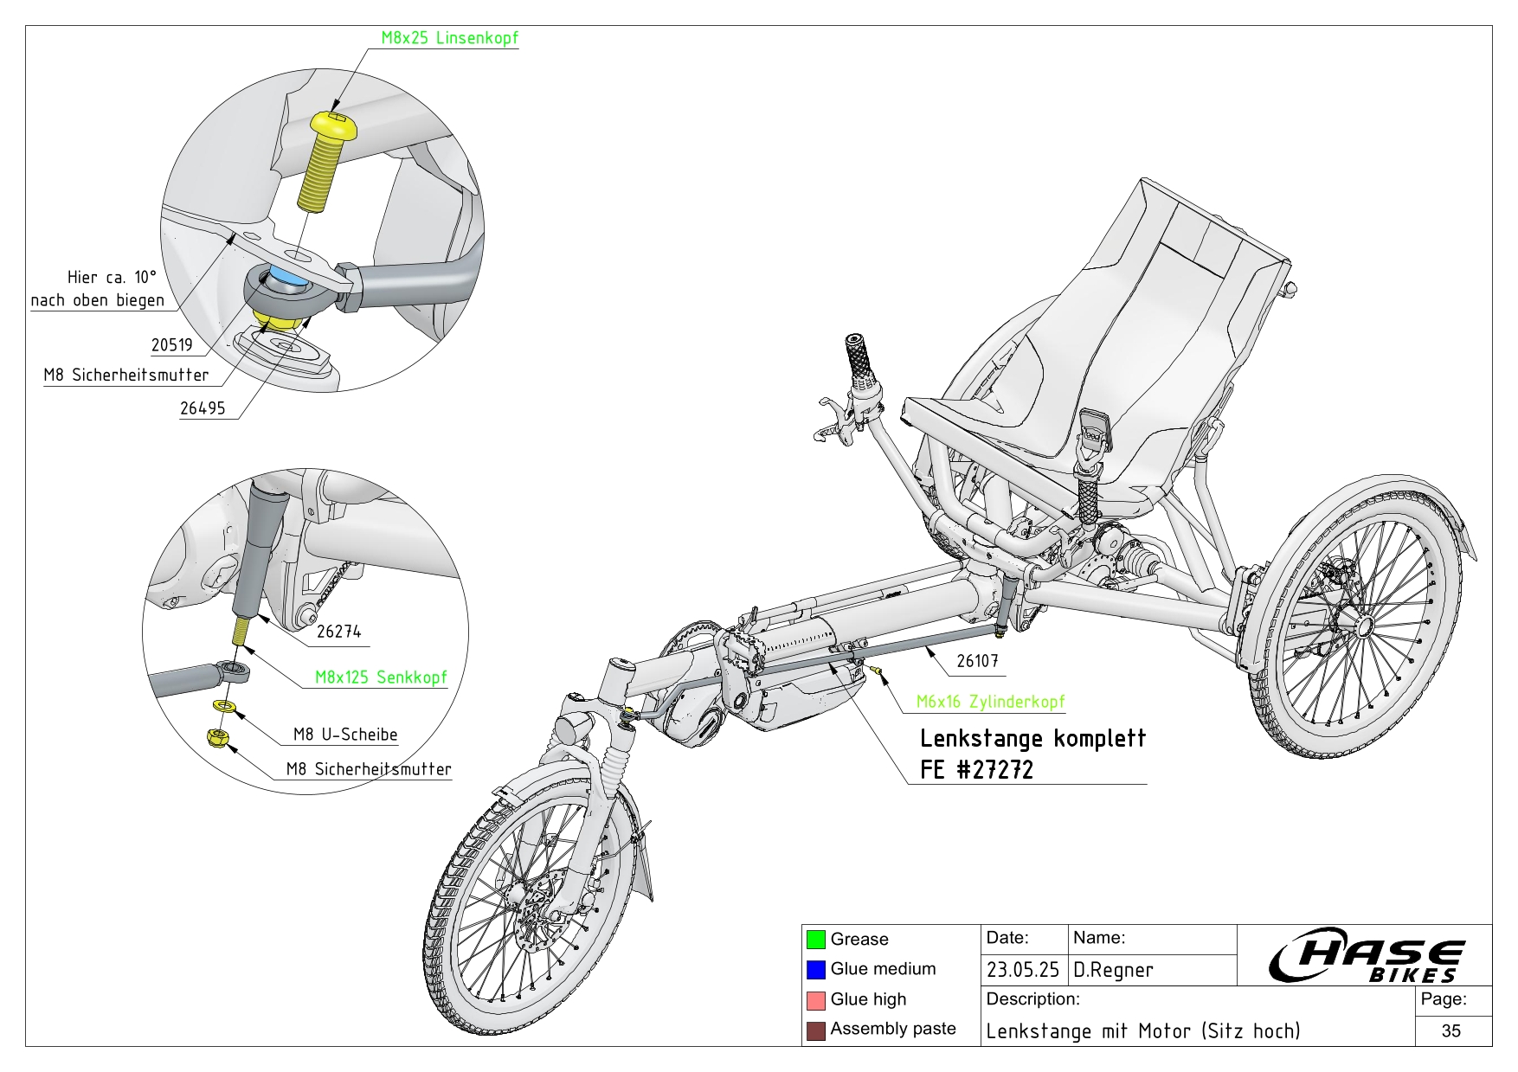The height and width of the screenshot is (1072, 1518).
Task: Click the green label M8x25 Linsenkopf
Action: pos(449,38)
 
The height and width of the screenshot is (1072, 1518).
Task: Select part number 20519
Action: pos(171,345)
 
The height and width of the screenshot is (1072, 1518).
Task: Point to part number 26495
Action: pos(202,408)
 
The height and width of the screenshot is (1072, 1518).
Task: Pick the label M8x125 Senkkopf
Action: pos(381,677)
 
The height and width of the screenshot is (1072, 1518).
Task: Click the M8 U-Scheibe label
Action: pos(345,735)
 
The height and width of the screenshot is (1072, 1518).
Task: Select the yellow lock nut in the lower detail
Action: pos(216,737)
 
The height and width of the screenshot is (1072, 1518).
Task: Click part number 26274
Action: pos(338,632)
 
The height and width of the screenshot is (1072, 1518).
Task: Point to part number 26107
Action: pos(978,661)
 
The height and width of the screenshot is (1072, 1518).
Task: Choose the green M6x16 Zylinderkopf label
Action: pos(990,702)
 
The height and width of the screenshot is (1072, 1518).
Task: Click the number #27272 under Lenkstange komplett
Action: pos(994,769)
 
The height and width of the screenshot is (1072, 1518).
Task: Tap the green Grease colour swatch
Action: pos(815,939)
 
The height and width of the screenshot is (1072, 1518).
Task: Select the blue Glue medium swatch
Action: pos(815,969)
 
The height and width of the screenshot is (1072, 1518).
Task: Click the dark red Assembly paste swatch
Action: pos(815,1030)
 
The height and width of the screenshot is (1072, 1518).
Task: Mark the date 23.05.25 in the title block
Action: pos(1022,970)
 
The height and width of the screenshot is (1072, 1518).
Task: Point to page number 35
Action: pos(1451,1030)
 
